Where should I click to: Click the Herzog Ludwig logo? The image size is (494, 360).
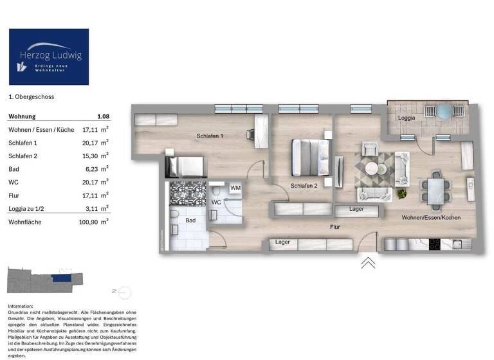[49, 57]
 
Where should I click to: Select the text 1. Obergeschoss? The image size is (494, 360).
[31, 97]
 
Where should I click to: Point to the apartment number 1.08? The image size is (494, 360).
[102, 116]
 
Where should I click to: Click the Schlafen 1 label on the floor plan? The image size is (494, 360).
[210, 136]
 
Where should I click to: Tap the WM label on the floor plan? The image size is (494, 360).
[235, 188]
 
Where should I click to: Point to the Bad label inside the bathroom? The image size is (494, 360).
[190, 221]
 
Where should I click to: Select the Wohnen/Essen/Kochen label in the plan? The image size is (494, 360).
[431, 218]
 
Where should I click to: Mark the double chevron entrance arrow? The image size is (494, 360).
[367, 262]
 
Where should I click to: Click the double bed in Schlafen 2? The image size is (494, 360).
[309, 156]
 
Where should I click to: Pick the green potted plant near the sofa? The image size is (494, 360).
[403, 192]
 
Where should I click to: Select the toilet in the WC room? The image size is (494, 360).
[219, 192]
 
